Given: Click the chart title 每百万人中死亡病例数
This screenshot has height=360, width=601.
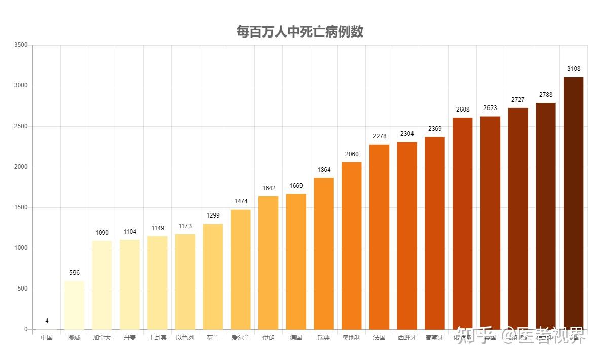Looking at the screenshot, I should pos(300,32).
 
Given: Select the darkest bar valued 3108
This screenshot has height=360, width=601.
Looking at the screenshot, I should pos(573,203).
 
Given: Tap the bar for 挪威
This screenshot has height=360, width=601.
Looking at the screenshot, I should pos(74,305).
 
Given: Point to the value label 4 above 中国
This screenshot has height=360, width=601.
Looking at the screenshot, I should pos(47,321).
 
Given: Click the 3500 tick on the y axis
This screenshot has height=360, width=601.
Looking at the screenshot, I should pos(21,45).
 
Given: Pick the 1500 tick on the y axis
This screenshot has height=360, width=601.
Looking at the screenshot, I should pos(21,207).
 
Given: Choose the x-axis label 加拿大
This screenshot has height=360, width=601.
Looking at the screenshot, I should pos(102,338).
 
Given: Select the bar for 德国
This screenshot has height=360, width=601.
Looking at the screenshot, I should pos(296,261).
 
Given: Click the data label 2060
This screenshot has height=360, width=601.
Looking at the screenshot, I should pos(352,154).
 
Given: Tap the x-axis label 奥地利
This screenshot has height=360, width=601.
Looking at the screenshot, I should pos(352,338).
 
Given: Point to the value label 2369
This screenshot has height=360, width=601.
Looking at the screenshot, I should pos(435,129).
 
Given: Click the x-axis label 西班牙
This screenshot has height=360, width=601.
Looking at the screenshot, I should pos(407,338).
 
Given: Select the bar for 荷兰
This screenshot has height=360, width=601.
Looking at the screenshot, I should pos(213,276).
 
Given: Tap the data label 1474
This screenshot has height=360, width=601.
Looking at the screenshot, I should pos(241,201).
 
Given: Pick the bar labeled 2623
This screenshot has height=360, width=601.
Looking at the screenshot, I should pos(490,223).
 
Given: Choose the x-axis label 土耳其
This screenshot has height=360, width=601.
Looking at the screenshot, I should pos(157,338).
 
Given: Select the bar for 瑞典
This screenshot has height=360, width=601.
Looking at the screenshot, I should pos(324,254).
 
